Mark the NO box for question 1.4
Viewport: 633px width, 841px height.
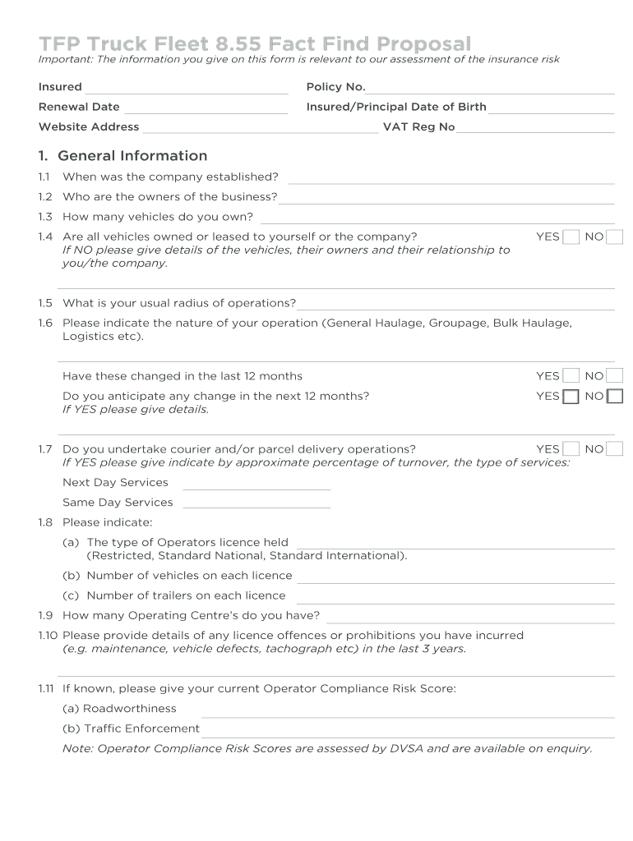(x=615, y=237)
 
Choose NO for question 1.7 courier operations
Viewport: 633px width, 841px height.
(x=615, y=449)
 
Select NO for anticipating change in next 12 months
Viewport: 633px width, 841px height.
(x=615, y=397)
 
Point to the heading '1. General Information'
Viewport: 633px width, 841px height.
(x=122, y=156)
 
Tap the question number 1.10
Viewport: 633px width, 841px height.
(x=48, y=636)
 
